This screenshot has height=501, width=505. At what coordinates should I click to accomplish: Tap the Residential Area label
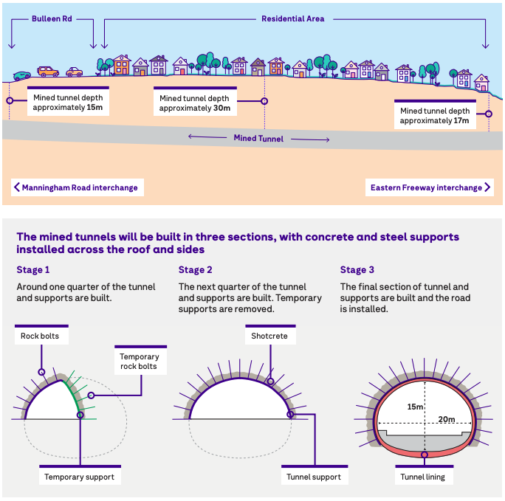[x=292, y=18]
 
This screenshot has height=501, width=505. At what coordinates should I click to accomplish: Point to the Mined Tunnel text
[x=258, y=138]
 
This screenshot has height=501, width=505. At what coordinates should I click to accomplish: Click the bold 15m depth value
[x=95, y=107]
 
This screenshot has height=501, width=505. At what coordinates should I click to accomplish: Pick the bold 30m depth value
[x=221, y=108]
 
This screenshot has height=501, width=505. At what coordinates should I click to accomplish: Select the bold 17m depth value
[x=461, y=120]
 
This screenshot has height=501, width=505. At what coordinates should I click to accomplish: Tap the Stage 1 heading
[x=32, y=270]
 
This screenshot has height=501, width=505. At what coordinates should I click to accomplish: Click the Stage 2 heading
[x=195, y=270]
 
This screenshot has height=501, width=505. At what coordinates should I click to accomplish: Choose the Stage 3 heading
[x=357, y=270]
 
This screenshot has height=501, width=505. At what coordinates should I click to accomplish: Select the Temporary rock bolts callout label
[x=139, y=362]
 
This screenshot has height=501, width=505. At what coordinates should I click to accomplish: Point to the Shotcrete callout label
[x=270, y=336]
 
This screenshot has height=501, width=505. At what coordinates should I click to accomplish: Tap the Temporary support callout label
[x=79, y=477]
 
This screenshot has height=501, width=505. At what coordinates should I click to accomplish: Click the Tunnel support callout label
[x=315, y=477]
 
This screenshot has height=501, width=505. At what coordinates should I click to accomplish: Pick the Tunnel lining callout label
[x=423, y=477]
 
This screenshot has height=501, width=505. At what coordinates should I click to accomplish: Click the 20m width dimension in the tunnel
[x=446, y=419]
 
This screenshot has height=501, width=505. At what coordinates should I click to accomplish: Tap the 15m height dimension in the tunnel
[x=414, y=407]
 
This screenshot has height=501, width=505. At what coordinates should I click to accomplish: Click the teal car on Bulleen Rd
[x=22, y=76]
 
